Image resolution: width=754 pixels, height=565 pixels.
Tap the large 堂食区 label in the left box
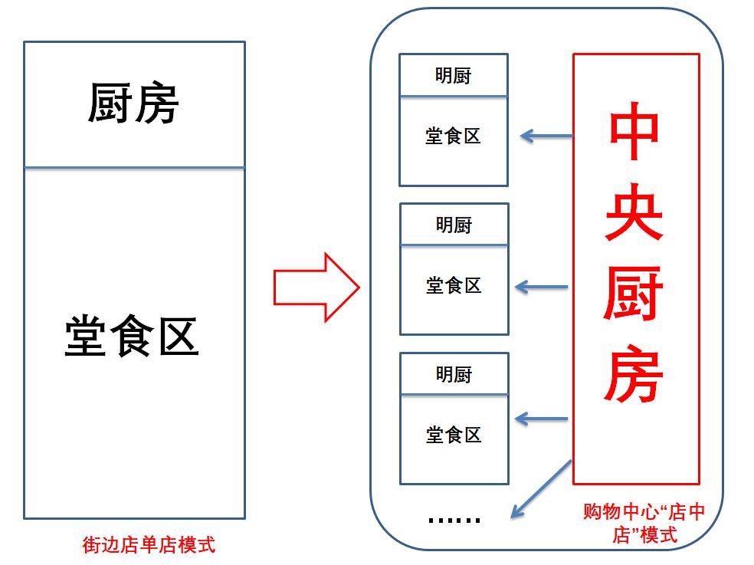tap(131, 337)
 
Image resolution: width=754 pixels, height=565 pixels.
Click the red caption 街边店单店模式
tap(149, 545)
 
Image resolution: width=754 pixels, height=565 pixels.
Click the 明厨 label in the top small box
tap(453, 76)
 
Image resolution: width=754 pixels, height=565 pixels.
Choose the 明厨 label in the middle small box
tap(454, 225)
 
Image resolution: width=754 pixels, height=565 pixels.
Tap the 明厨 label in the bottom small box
tap(454, 375)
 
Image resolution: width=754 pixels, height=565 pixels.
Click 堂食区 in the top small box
tap(453, 136)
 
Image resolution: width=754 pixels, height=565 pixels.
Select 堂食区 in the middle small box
tap(454, 286)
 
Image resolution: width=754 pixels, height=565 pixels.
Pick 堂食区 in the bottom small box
tap(454, 435)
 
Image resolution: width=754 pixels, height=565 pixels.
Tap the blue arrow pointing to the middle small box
tap(542, 287)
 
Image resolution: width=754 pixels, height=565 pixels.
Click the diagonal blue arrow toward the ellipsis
tap(541, 488)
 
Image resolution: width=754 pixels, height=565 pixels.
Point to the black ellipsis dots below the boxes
tap(454, 521)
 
